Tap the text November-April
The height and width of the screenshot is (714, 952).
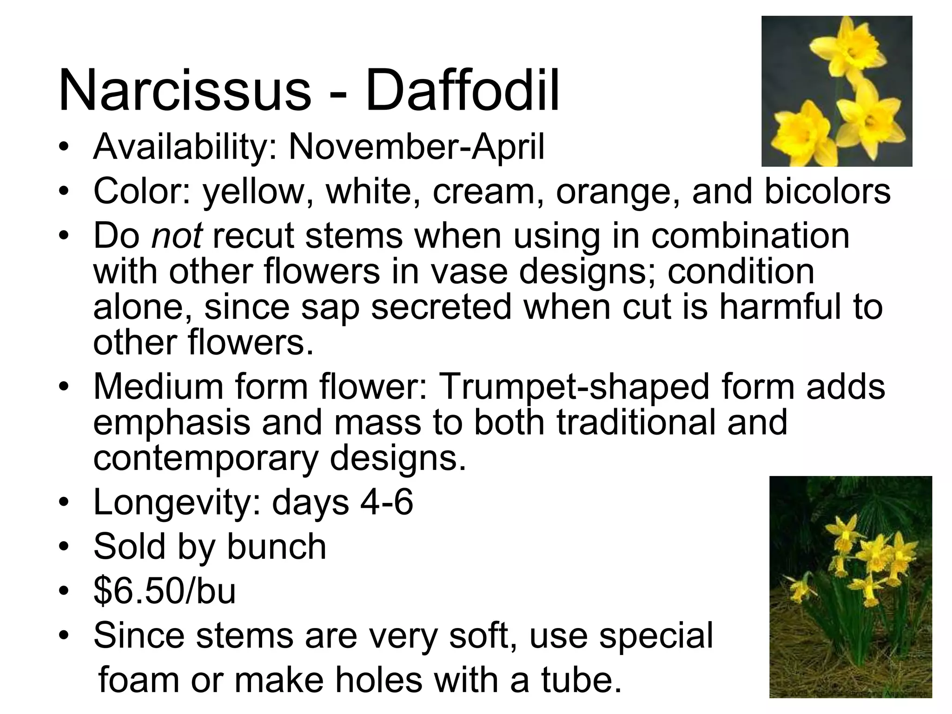pos(416,147)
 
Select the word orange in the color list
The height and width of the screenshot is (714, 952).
pos(618,191)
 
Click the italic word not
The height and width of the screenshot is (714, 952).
pos(177,235)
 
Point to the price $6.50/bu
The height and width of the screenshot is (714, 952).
pos(165,591)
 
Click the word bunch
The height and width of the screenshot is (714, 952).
pos(277,547)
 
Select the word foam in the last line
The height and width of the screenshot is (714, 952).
pos(139,680)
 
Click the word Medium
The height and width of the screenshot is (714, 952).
pos(159,386)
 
